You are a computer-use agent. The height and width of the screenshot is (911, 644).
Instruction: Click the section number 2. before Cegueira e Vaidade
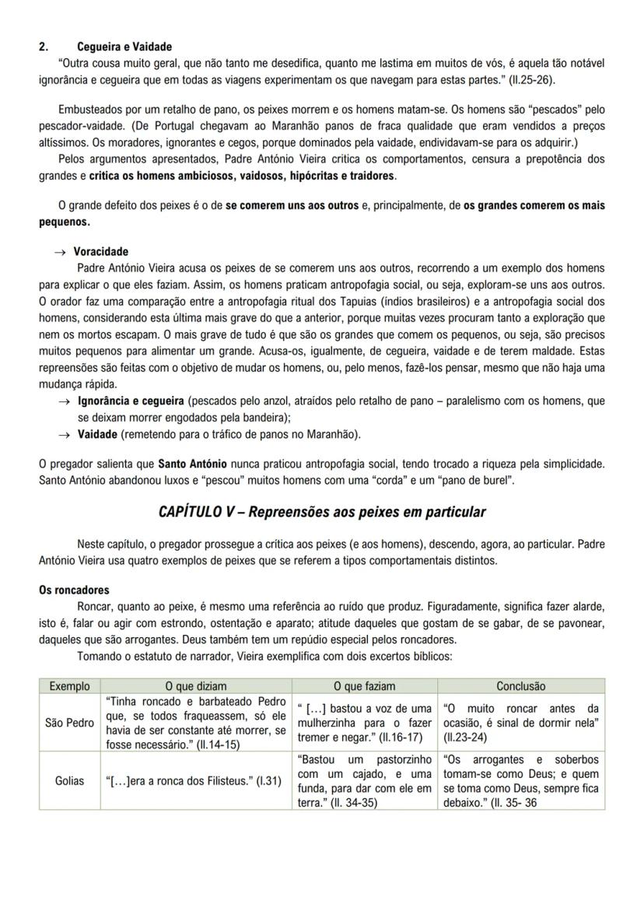[44, 47]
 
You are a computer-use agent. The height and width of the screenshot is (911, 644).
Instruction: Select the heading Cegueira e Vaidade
[124, 47]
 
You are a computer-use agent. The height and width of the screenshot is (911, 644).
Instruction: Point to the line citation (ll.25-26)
[532, 79]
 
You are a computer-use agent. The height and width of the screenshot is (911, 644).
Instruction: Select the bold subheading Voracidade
[101, 252]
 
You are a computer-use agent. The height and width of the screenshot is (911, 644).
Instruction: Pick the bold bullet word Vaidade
[97, 434]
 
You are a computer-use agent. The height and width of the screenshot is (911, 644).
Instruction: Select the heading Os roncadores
[74, 590]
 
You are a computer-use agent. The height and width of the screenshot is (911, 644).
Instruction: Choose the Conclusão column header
[520, 686]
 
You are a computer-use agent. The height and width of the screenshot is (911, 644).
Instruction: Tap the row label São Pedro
[69, 723]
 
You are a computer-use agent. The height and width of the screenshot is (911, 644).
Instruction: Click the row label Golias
[69, 781]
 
